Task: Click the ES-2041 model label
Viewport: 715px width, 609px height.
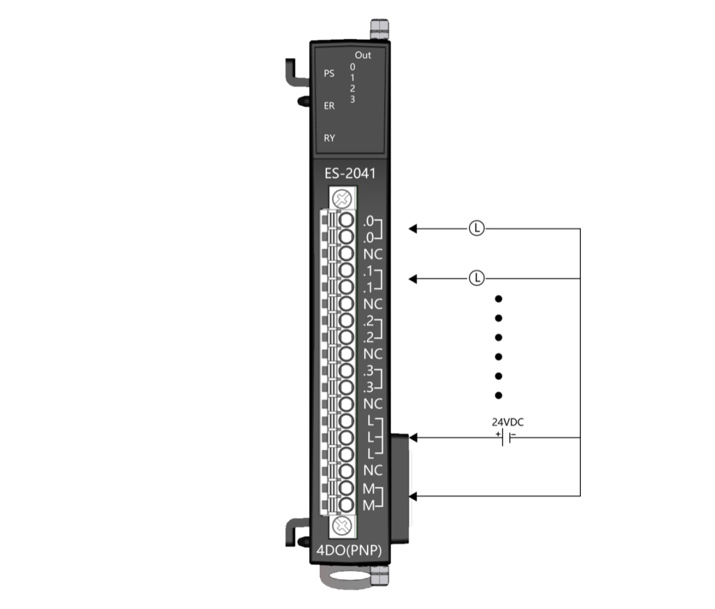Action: (x=350, y=173)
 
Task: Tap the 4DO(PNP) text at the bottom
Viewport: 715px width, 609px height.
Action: (x=349, y=550)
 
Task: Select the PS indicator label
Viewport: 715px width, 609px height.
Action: (x=329, y=74)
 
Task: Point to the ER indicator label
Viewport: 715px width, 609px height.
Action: (x=329, y=106)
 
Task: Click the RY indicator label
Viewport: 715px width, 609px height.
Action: (x=329, y=138)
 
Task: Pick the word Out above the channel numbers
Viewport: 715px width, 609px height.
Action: (x=363, y=55)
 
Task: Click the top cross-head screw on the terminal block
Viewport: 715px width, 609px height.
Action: (x=342, y=199)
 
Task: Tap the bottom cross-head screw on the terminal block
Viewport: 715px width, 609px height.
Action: (x=342, y=526)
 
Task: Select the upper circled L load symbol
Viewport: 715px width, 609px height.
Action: (x=476, y=228)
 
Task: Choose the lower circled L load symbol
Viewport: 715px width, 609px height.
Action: (x=476, y=278)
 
